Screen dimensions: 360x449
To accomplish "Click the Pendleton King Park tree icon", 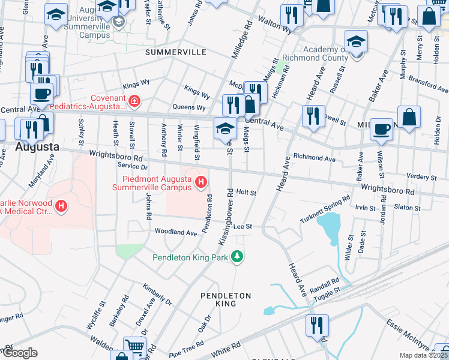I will (x=238, y=257).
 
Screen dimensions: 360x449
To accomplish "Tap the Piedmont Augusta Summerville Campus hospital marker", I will (x=202, y=182).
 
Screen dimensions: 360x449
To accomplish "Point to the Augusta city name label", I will (x=37, y=146).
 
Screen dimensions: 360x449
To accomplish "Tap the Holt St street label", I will (x=246, y=193).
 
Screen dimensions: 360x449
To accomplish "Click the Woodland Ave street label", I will (x=176, y=232).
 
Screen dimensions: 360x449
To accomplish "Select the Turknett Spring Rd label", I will (x=325, y=210).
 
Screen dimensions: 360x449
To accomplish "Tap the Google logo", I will (x=20, y=353).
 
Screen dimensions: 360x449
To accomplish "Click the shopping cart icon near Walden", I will (x=135, y=346).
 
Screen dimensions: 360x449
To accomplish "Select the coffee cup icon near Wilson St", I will (x=381, y=129).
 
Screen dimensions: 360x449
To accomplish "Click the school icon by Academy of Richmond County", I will (x=356, y=41).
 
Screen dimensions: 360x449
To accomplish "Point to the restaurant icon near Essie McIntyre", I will (x=316, y=325).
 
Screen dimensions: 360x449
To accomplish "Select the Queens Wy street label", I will (x=189, y=108).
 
